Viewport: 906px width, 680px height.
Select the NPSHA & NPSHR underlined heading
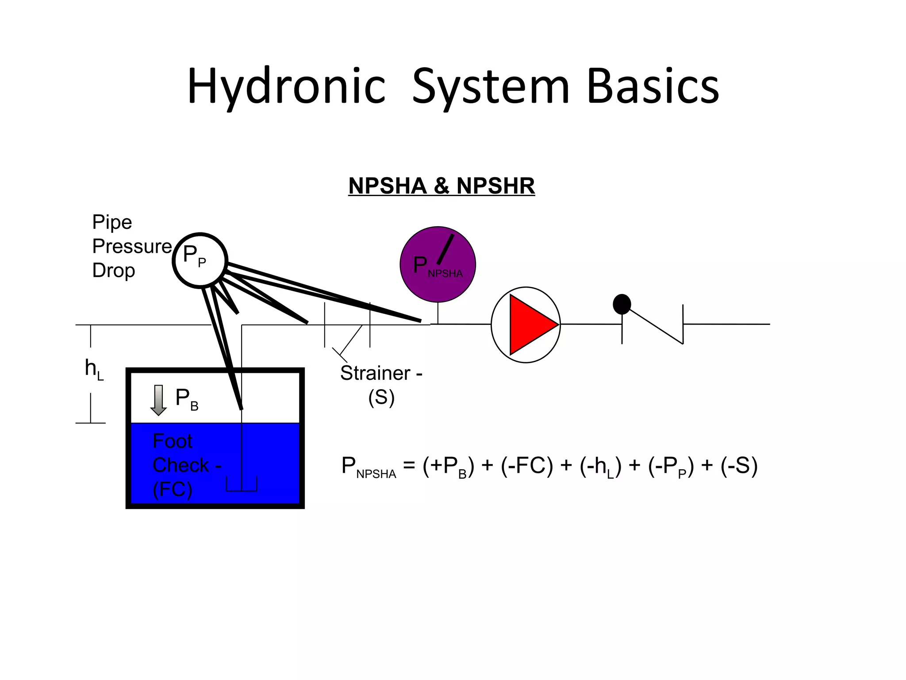pos(441,185)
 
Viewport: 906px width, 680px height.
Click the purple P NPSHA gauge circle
pos(438,264)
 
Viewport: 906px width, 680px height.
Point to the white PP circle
pos(200,260)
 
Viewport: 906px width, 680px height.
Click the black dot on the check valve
pos(622,304)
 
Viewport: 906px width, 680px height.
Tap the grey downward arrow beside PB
pos(158,400)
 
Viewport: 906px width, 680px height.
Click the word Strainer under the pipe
pos(375,373)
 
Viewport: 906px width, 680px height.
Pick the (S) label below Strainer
pos(381,397)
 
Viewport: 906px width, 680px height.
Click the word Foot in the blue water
pos(172,441)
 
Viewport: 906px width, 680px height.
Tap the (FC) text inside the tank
pos(172,489)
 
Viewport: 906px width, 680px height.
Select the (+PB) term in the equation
pos(448,466)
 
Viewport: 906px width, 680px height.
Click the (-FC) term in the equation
pos(527,466)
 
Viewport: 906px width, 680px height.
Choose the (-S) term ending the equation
pos(739,466)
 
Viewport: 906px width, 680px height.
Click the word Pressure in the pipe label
pos(132,246)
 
